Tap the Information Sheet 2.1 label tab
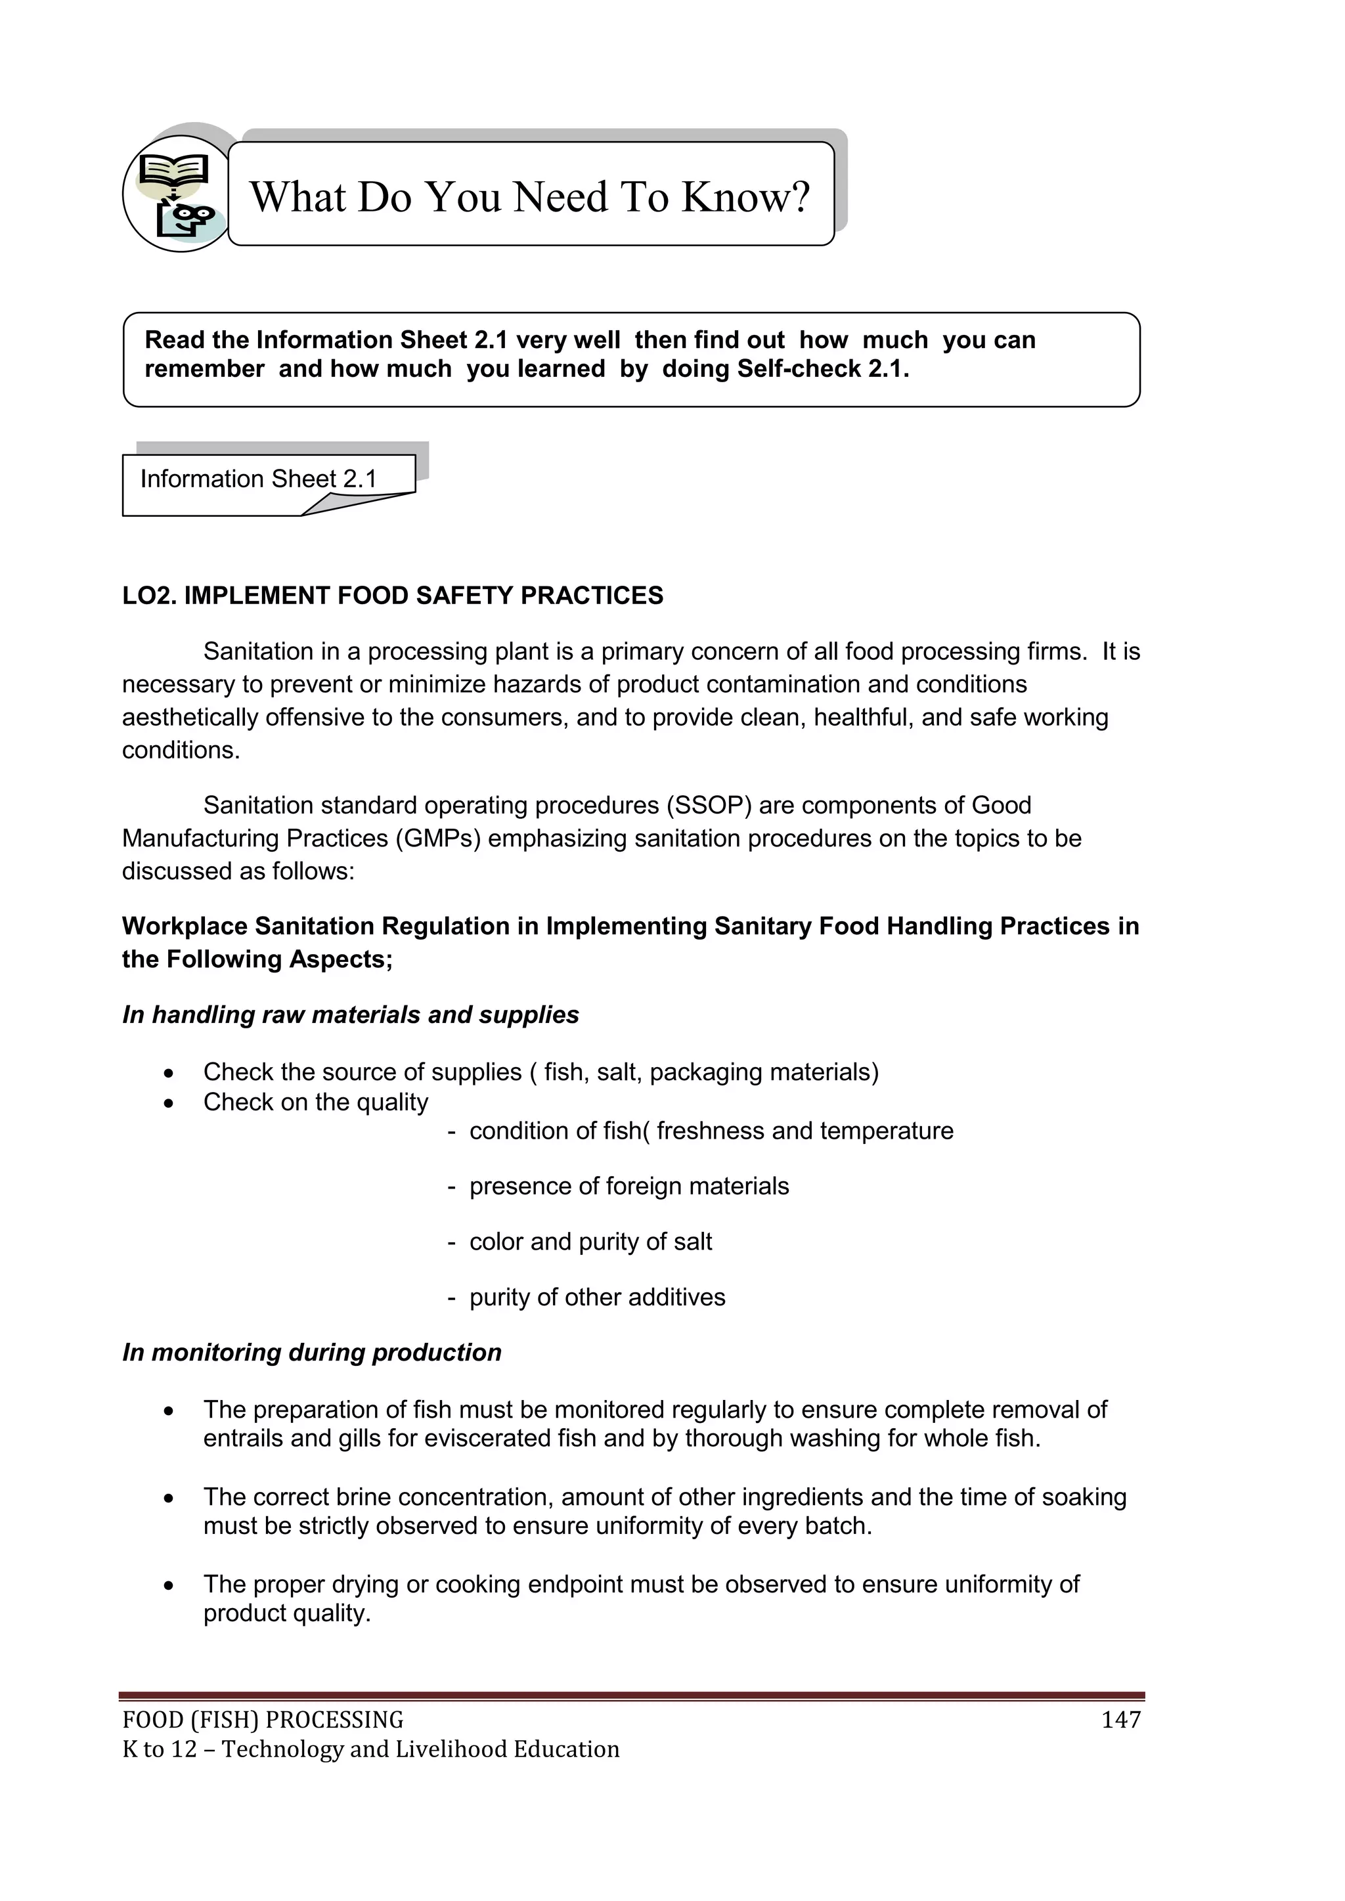(258, 479)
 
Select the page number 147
(1120, 1720)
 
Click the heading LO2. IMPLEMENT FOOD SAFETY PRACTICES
(393, 596)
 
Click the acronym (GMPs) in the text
(437, 839)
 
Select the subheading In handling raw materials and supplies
(350, 1015)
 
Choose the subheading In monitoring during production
(311, 1353)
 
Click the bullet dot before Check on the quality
(169, 1104)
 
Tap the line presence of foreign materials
(628, 1187)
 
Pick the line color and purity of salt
(590, 1242)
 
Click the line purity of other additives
(597, 1298)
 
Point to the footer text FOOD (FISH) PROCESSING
(263, 1720)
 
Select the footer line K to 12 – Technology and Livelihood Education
(370, 1749)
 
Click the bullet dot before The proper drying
(169, 1586)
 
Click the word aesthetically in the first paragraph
(190, 718)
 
